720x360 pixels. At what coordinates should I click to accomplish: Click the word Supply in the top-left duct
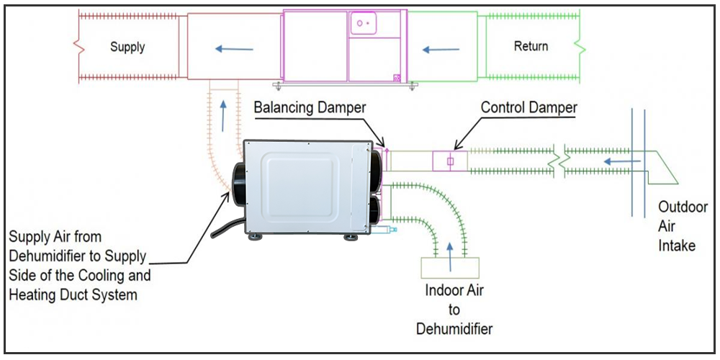[x=127, y=47]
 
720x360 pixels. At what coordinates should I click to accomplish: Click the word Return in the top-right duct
[x=531, y=46]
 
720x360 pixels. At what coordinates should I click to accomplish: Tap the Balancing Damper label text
[x=310, y=108]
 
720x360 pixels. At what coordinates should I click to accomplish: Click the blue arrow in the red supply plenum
[x=234, y=50]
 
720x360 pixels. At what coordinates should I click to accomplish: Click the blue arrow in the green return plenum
[x=441, y=50]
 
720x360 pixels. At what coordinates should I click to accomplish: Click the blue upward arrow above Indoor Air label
[x=451, y=258]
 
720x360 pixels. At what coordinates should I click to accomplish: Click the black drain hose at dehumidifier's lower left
[x=222, y=230]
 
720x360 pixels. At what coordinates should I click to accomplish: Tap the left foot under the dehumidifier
[x=255, y=237]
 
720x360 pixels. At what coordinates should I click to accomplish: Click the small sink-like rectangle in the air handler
[x=363, y=24]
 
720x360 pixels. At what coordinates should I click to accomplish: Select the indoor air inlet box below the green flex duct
[x=450, y=267]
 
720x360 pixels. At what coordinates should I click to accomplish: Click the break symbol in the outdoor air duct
[x=560, y=156]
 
